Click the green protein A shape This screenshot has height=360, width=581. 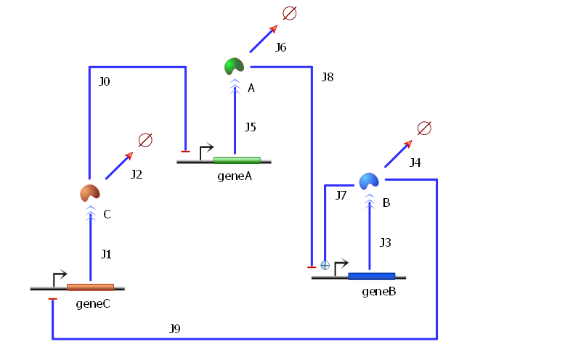coord(234,67)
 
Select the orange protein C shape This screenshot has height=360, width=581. coord(89,193)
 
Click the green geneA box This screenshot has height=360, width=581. coord(237,160)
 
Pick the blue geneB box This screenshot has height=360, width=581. coord(371,276)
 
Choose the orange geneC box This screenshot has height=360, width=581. coord(90,287)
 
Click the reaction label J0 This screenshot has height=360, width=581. coord(105,81)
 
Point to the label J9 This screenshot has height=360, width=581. coord(174,329)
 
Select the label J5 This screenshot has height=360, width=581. coord(250,128)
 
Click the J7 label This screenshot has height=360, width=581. coord(341,195)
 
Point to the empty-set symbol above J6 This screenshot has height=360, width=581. coord(289,13)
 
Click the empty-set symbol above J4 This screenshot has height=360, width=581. coord(425,128)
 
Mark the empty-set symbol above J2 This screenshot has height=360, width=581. coord(145,140)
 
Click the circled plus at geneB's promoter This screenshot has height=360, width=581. coord(325,266)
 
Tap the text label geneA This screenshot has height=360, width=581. coord(234,176)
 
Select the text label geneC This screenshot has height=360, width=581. coord(93,303)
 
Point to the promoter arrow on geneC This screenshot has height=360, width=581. coord(59,277)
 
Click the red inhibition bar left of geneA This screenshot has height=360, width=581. coord(185,151)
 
